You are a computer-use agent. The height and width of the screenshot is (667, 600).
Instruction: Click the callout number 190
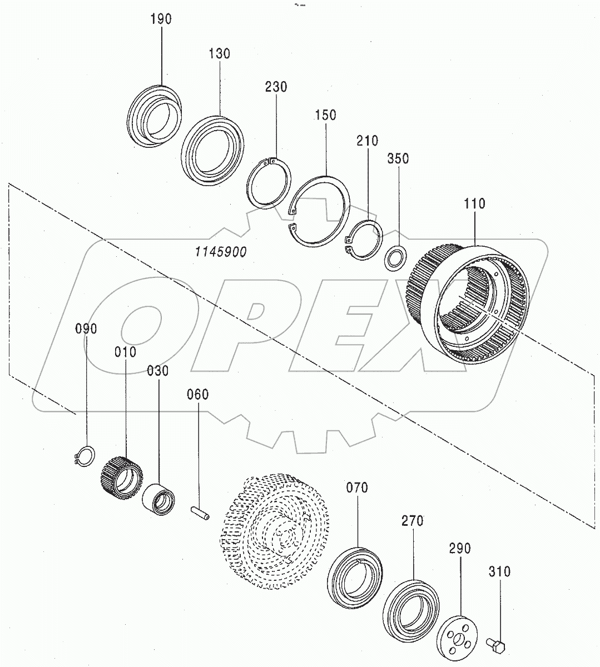click(161, 19)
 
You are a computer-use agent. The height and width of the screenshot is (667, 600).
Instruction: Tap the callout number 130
click(219, 54)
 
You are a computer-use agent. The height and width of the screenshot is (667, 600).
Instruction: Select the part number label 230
click(276, 87)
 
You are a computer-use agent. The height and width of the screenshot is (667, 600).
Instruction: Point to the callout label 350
click(398, 158)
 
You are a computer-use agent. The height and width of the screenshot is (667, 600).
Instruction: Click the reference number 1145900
click(221, 252)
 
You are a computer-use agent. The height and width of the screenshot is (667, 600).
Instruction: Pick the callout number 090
click(86, 328)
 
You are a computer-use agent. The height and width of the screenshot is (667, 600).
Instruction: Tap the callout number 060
click(197, 395)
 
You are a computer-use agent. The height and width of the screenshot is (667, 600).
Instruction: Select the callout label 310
click(500, 571)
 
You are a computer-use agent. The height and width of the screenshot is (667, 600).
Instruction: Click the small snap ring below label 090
click(84, 455)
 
